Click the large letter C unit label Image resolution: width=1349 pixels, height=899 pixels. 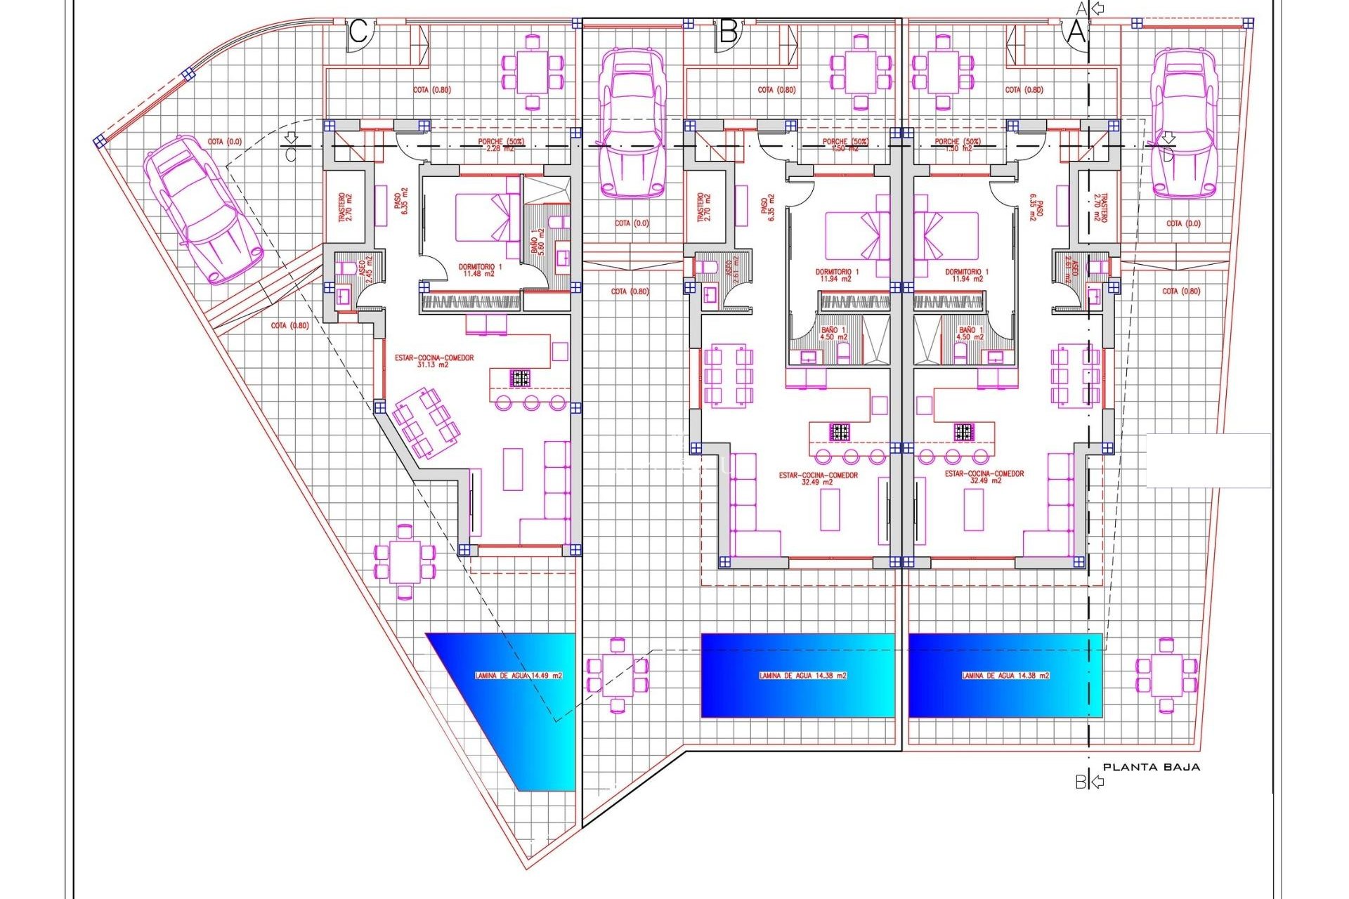pyautogui.click(x=358, y=32)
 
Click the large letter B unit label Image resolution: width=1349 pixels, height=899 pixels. pyautogui.click(x=728, y=32)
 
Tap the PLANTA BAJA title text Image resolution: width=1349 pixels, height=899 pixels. pyautogui.click(x=1151, y=767)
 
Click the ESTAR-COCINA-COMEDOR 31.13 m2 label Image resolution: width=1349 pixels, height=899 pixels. pyautogui.click(x=434, y=361)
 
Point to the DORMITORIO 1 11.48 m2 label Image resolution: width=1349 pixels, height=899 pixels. pyautogui.click(x=480, y=270)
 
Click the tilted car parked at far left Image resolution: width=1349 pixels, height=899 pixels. pyautogui.click(x=202, y=210)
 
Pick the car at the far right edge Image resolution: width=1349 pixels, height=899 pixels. pyautogui.click(x=1185, y=124)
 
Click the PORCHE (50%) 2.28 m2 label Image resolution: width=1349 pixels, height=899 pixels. pyautogui.click(x=500, y=145)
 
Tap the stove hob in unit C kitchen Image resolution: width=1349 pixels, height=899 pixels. pyautogui.click(x=520, y=379)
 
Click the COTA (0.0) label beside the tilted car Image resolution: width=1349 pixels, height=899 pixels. pyautogui.click(x=224, y=142)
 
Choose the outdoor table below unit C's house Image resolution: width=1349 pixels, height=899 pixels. pyautogui.click(x=405, y=562)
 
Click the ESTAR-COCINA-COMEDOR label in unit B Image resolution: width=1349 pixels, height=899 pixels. pyautogui.click(x=818, y=478)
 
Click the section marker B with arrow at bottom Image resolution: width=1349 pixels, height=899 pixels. pyautogui.click(x=1088, y=781)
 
